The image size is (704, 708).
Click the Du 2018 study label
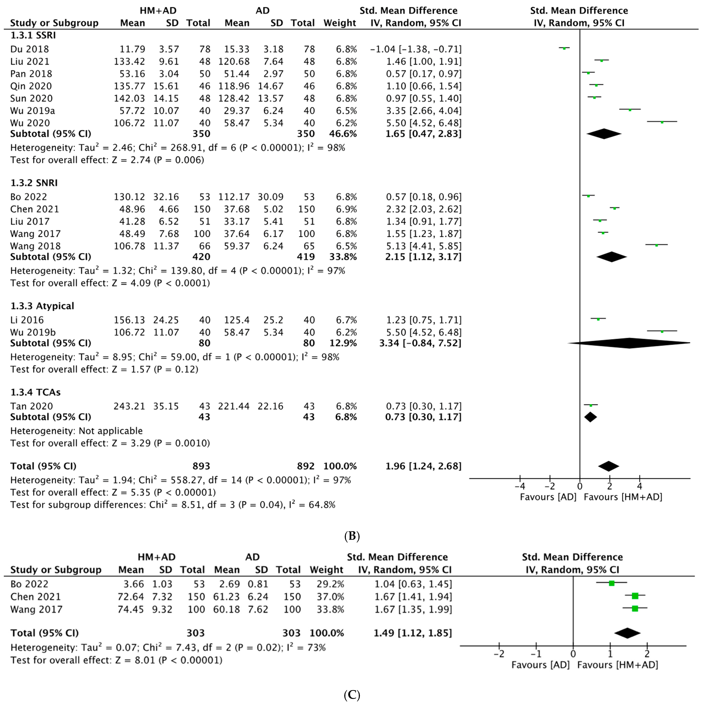(x=29, y=49)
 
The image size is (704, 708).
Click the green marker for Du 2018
(x=564, y=48)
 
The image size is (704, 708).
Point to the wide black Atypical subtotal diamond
(x=629, y=343)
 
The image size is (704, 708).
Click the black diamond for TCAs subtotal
(x=590, y=417)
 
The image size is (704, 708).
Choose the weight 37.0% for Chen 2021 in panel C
(x=330, y=597)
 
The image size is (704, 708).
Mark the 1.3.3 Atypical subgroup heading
(x=42, y=306)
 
